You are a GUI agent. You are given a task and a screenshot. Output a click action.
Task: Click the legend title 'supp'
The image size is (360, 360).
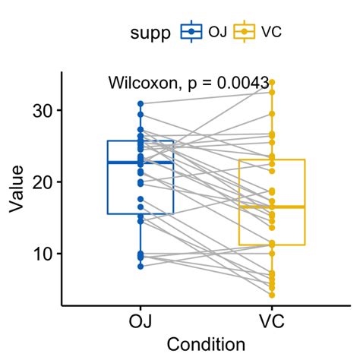click(150, 32)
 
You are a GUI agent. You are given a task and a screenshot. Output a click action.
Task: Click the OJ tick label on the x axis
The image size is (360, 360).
click(141, 320)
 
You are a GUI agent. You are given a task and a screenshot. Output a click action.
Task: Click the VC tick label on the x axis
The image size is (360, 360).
click(272, 320)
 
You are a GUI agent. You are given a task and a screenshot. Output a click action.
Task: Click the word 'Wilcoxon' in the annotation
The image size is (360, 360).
click(141, 82)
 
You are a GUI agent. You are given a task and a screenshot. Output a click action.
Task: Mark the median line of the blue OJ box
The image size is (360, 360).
click(141, 163)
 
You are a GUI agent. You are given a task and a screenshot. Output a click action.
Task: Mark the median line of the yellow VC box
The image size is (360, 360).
click(272, 207)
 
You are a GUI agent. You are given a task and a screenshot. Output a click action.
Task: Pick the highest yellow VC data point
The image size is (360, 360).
click(272, 82)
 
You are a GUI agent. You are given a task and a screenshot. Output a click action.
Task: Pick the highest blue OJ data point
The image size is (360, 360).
click(141, 103)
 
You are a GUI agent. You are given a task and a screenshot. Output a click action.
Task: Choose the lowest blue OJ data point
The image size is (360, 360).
click(141, 266)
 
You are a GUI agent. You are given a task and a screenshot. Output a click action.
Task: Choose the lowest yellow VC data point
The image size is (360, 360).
click(272, 295)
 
